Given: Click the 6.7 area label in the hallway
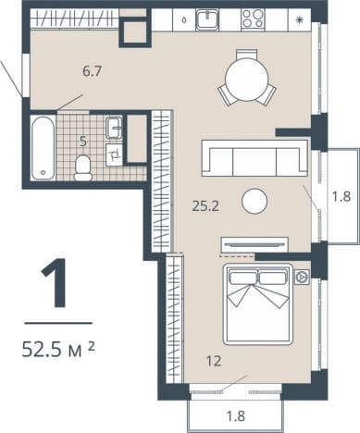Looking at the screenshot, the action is coord(93,71).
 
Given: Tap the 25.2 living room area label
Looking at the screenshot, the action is coord(205,206).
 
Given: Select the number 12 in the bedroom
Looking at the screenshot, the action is coord(214,361).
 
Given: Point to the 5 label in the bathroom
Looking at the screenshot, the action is coord(83,142).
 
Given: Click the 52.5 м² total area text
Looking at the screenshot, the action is coord(58,350).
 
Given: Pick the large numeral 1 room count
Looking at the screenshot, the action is coord(55,283).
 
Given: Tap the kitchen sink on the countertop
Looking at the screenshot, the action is coord(208,19).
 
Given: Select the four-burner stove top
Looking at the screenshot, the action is coord(253,19).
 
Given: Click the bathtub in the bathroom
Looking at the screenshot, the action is coord(43,148).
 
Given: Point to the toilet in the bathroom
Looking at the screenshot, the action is coord(83,167).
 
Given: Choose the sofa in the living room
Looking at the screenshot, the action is coord(254,158).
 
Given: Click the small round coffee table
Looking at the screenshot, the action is coord(254,201).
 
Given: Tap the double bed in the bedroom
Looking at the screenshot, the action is coord(258,303).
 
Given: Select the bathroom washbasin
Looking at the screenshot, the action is coord(114,128).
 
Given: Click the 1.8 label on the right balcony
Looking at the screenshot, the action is coord(341,196).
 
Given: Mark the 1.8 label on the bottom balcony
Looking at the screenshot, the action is coord(236,416).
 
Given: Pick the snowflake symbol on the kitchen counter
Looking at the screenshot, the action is coord(299,20).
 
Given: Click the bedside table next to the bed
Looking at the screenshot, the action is coord(302,277).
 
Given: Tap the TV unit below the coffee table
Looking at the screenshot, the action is coord(254,244).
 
